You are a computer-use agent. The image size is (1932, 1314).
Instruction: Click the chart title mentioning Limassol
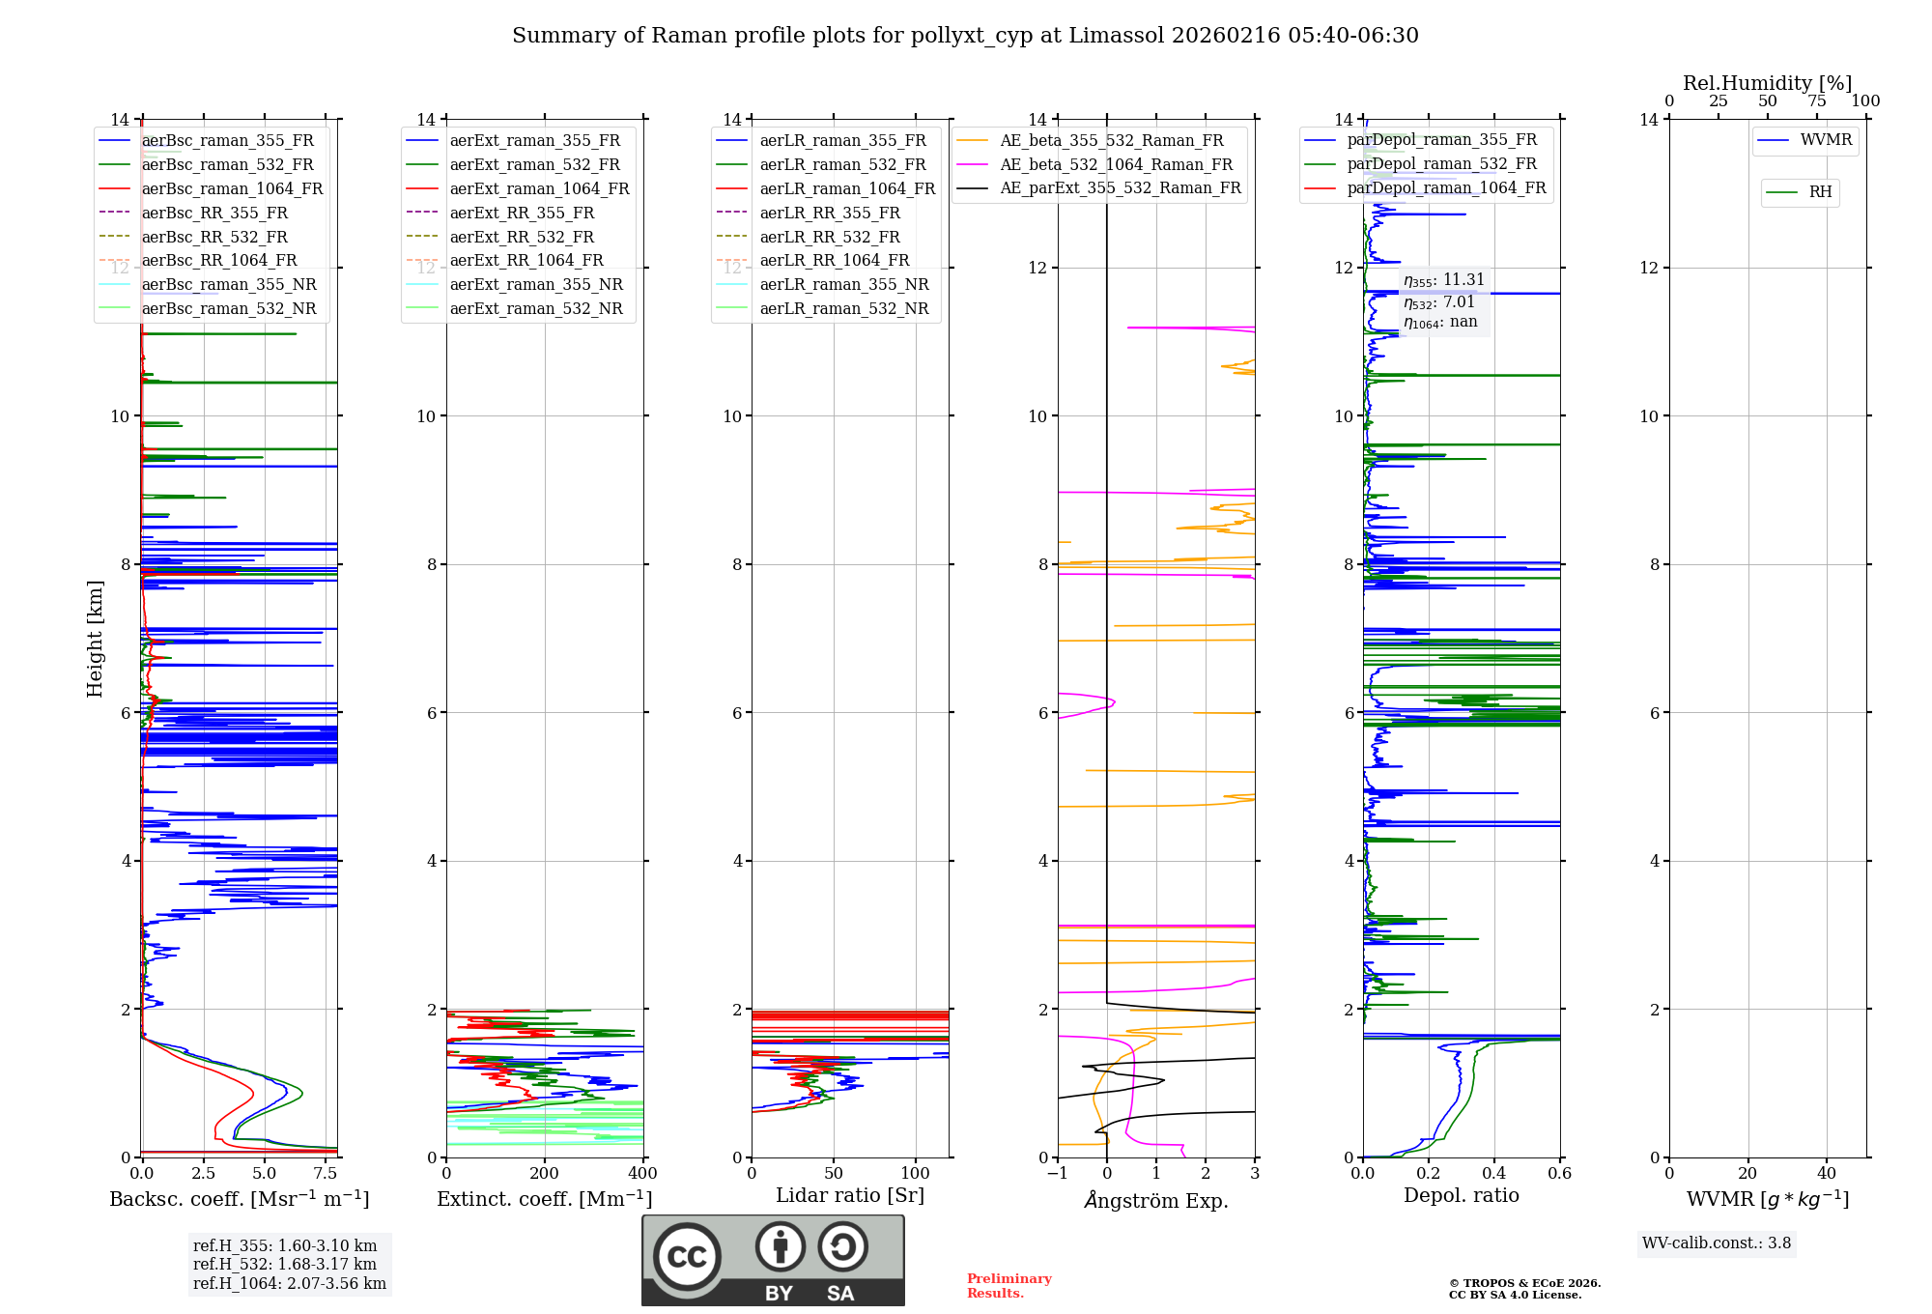coord(965,36)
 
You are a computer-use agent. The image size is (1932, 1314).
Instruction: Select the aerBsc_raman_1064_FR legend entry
coord(232,189)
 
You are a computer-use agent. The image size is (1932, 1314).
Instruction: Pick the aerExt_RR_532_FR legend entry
coord(522,237)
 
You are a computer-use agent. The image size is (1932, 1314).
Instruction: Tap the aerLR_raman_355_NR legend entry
coord(843,285)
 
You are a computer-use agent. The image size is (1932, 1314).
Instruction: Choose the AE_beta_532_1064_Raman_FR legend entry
coord(1116,165)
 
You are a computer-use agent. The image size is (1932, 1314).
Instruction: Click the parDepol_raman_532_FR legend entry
coord(1441,164)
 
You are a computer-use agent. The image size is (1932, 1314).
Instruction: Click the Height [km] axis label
coord(95,639)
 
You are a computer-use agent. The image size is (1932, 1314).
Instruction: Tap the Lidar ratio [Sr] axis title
coord(850,1196)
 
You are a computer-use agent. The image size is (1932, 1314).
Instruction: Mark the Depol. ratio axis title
coord(1461,1196)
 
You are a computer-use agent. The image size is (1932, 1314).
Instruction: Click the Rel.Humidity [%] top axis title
coord(1767,83)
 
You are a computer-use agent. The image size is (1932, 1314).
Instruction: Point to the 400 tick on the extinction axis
coord(642,1174)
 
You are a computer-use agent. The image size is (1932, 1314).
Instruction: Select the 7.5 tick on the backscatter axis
coord(326,1174)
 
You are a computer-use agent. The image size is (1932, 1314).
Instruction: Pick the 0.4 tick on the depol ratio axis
coord(1494,1174)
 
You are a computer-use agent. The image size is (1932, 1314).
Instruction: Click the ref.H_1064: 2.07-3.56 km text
coord(289,1284)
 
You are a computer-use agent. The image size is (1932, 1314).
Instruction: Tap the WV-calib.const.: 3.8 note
coord(1717,1243)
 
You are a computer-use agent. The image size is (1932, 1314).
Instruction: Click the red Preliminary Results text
coord(1009,1286)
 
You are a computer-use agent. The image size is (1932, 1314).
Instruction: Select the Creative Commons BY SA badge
coord(773,1261)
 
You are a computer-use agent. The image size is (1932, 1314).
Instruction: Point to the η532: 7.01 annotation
coord(1439,302)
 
